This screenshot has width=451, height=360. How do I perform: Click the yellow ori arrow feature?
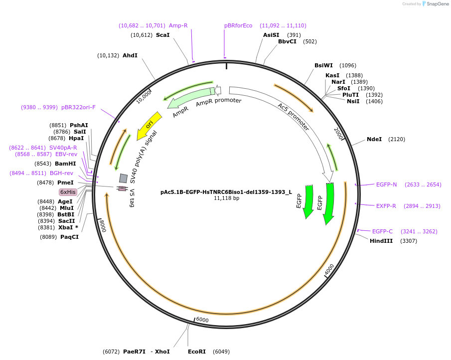150,125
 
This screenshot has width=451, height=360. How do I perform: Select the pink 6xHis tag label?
68,192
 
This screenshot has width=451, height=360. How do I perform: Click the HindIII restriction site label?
381,241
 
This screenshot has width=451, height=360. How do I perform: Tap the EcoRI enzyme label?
197,352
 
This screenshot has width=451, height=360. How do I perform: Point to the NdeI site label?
374,139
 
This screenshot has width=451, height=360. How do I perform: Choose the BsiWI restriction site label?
323,65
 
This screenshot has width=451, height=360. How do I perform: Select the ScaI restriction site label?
162,35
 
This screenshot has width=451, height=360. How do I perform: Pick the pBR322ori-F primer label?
78,107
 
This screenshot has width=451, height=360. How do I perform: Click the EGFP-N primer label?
386,184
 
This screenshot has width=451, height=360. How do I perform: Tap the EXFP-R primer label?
386,205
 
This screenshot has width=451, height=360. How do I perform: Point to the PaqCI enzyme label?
69,237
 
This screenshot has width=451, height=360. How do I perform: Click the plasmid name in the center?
226,191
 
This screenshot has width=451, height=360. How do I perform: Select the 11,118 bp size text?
226,198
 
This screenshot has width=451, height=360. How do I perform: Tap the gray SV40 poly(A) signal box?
123,178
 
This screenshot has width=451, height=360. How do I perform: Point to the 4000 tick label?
329,270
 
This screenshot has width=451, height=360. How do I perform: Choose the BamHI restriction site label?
65,164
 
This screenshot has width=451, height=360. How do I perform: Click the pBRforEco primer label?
238,25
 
